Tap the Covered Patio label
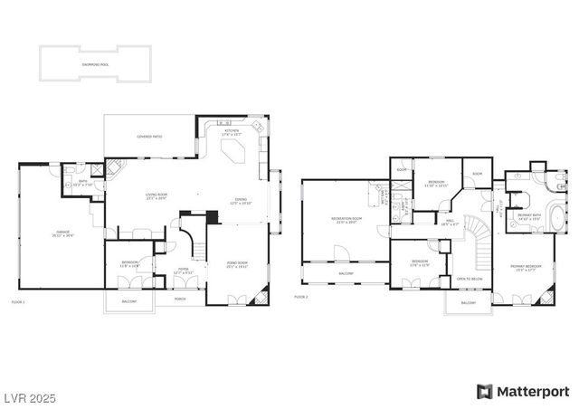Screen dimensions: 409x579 pos(149,138)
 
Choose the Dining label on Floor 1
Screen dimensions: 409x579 pos(241,201)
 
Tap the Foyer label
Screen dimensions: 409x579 pos(183,269)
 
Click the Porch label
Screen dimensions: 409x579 pos(180,296)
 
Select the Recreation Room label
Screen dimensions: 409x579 pos(345,220)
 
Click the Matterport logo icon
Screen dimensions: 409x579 pos(485,391)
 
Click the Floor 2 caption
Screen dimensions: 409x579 pos(301,297)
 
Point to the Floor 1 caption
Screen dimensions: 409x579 pos(18,301)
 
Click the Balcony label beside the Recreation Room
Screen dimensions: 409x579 pos(346,272)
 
